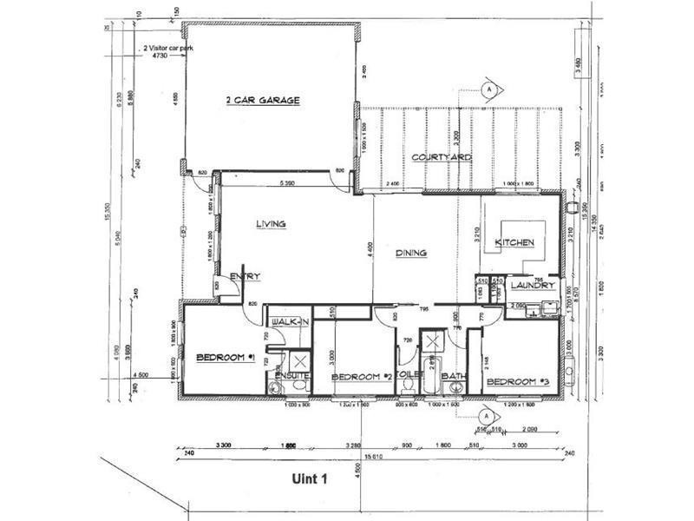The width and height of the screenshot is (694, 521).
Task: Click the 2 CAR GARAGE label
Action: pos(262,101)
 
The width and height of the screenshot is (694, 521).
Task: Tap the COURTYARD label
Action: pos(442,157)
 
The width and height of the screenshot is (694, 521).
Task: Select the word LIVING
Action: pos(270,224)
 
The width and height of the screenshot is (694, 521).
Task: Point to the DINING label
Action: pos(411,254)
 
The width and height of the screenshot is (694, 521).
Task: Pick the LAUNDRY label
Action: pos(531,286)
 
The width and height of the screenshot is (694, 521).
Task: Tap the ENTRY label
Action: pos(246,276)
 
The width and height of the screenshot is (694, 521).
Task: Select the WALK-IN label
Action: pos(290,322)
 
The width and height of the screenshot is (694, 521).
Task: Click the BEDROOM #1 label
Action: pos(224,357)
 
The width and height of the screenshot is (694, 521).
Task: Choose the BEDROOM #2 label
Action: pos(363,377)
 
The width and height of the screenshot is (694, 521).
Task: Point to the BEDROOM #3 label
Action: pos(517,381)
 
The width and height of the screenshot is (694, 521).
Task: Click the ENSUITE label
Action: pos(292,376)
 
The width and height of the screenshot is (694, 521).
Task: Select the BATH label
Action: pos(453,377)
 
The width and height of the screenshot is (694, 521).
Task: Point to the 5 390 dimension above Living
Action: pos(290,184)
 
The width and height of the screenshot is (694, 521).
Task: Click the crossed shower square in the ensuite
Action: pos(299,359)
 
